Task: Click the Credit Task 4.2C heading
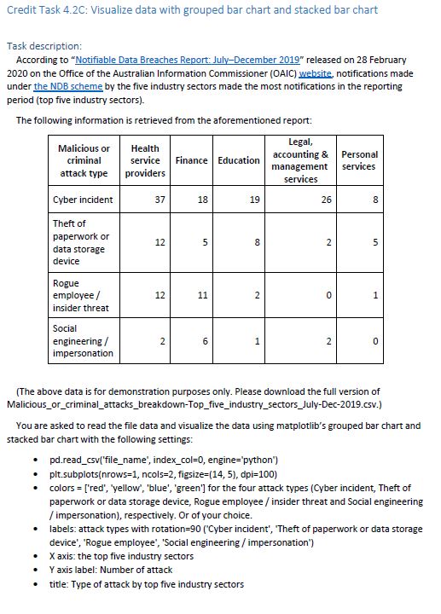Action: tap(192, 10)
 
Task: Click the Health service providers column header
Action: tap(145, 160)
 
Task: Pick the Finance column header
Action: tap(192, 160)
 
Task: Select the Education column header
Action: tap(238, 160)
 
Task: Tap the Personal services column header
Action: tap(358, 160)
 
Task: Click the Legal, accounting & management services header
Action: tap(300, 160)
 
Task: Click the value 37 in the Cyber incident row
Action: tap(160, 200)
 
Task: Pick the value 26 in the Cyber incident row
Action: tap(326, 200)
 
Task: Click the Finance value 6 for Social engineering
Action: tap(206, 340)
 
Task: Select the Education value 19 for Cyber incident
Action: tap(253, 200)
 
